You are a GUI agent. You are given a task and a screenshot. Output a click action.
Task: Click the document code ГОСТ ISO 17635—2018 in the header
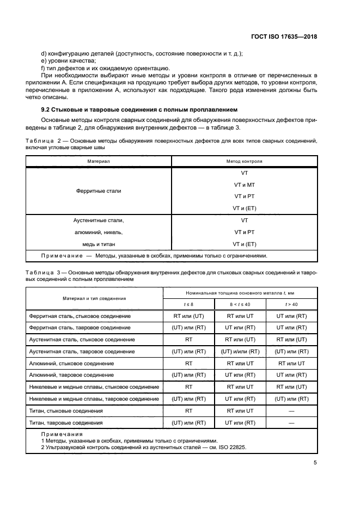coord(284,36)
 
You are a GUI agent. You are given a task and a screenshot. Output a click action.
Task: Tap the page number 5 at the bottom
coord(315,463)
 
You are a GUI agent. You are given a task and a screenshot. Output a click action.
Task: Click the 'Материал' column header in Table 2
coord(99,162)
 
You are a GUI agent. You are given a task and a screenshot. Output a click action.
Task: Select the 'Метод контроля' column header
coord(244,162)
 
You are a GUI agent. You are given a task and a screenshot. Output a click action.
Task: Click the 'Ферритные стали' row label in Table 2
coord(99,191)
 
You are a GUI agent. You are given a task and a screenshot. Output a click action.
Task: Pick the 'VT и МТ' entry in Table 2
coord(244,185)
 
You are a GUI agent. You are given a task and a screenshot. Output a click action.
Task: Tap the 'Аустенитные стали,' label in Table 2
coord(99,220)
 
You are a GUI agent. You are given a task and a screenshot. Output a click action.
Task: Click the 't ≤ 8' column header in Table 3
coord(188,304)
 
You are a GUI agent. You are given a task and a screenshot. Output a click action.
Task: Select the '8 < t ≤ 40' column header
coord(240,304)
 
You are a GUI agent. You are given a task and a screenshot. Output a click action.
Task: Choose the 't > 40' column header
coord(291,304)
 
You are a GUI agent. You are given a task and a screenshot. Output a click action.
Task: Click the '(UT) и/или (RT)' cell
coord(240,351)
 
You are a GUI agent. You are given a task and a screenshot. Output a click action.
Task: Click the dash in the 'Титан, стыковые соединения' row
coord(291,410)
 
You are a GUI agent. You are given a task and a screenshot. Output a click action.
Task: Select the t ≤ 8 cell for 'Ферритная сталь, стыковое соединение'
coord(188,316)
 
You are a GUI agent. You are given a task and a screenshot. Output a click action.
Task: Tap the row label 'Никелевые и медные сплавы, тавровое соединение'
coord(94,398)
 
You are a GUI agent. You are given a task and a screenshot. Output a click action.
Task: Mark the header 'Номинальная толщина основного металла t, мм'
coord(240,292)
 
